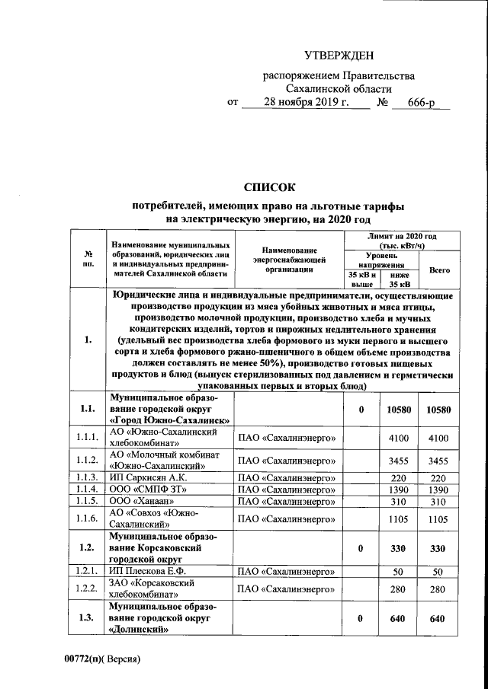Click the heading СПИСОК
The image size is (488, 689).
coord(268,187)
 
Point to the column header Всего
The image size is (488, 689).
coord(439,270)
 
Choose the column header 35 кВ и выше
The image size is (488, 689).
coord(356,279)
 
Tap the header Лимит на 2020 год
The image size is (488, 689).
coord(400,241)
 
